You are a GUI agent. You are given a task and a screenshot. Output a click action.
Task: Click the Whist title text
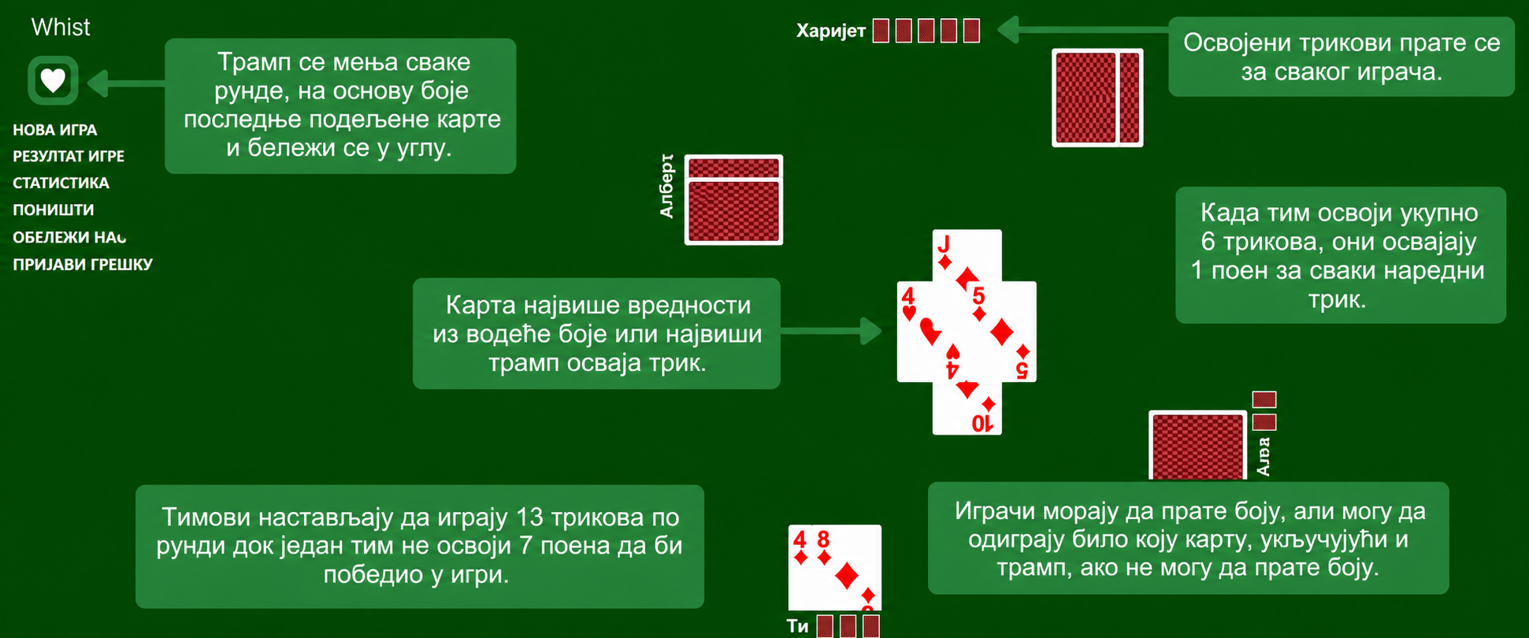tap(61, 27)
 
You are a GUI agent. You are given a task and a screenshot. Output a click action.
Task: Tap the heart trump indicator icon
tap(53, 80)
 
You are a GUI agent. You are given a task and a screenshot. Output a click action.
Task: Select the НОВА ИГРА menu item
tap(55, 130)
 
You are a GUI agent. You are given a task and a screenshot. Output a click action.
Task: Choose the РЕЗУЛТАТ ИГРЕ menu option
tap(69, 156)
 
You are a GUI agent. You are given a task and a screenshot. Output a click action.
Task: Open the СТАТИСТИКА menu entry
tap(61, 183)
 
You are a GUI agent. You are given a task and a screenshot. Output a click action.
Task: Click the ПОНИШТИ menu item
tap(54, 210)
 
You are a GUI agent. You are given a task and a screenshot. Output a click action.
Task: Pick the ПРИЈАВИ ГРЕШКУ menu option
tap(83, 264)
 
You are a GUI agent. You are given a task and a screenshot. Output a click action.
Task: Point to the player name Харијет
tap(831, 31)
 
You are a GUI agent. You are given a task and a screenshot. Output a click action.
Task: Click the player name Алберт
tap(666, 186)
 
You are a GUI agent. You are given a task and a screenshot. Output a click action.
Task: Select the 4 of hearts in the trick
tap(922, 332)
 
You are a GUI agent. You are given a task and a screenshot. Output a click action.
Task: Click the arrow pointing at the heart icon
tap(126, 83)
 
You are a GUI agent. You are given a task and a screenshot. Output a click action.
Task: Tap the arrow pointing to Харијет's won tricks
tap(1082, 30)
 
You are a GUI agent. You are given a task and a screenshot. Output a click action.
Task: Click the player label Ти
tap(797, 626)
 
